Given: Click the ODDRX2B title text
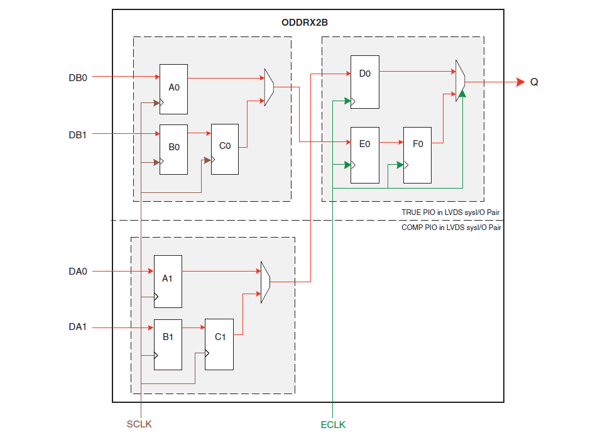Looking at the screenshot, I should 305,23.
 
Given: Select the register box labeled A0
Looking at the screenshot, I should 173,89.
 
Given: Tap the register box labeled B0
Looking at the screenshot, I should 173,149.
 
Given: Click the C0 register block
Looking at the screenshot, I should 225,148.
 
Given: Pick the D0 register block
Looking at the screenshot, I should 364,81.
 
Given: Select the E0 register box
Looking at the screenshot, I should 364,155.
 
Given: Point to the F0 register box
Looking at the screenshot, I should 417,155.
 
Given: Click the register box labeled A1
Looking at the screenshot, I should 168,281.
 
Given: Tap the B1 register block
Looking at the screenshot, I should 168,344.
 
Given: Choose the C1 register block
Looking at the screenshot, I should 220,344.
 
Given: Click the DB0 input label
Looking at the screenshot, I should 78,77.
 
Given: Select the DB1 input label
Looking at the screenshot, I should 78,133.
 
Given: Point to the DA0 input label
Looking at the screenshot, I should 78,272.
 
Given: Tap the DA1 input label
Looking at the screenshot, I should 78,327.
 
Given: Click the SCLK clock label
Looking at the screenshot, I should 139,424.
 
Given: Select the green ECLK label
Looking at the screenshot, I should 333,424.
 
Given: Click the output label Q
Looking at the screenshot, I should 534,82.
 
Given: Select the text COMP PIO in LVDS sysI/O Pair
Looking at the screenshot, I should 451,228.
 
